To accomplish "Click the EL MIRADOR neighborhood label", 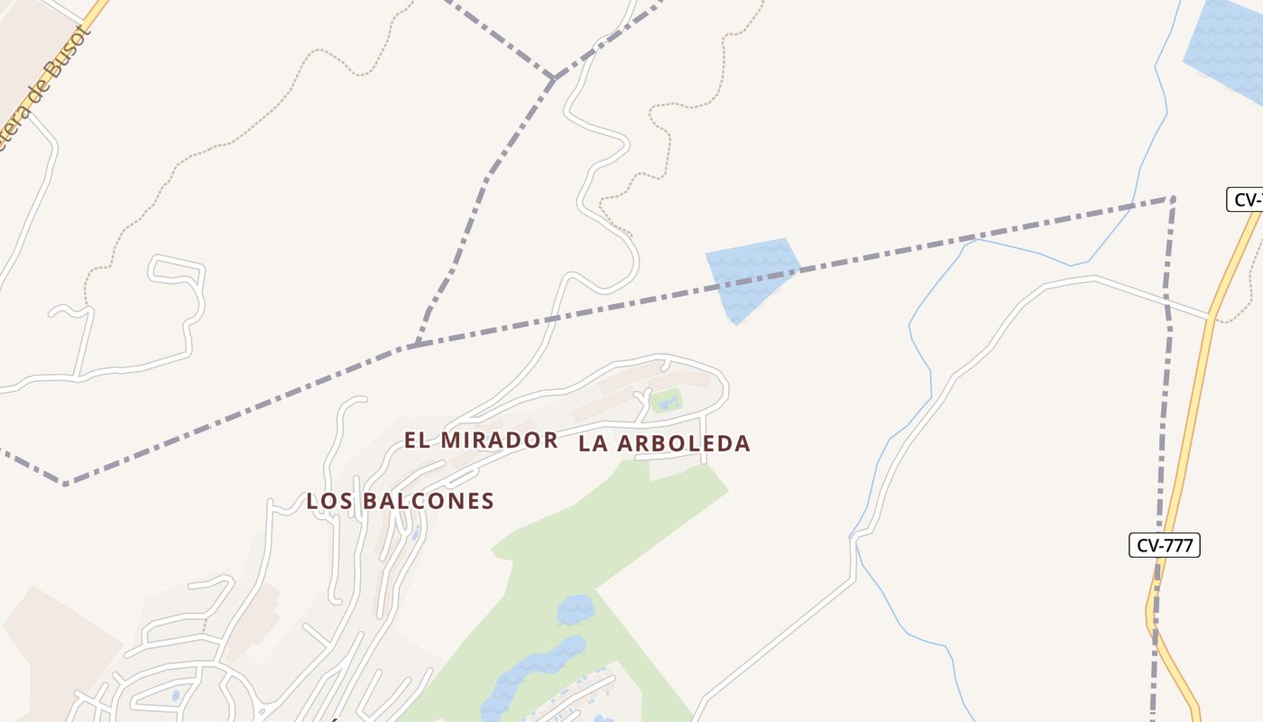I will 480,440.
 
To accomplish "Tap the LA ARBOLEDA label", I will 664,443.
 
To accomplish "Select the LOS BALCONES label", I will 400,501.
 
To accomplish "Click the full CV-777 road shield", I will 1164,545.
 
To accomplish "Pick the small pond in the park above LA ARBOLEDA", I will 668,403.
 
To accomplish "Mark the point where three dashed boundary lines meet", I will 554,79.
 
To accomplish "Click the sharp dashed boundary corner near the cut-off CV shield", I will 1172,198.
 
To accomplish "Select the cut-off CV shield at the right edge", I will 1246,199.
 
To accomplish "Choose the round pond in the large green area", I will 576,610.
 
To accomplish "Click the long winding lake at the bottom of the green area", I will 532,671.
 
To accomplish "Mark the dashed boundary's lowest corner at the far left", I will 65,484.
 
